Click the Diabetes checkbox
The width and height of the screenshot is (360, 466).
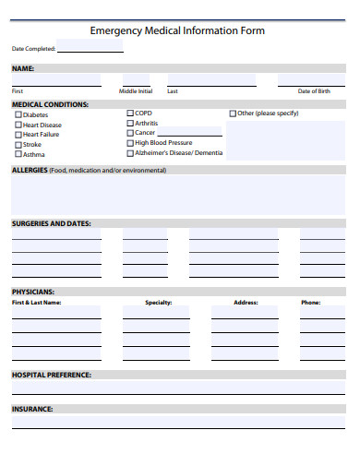pyautogui.click(x=18, y=114)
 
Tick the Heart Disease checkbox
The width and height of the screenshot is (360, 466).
pyautogui.click(x=18, y=125)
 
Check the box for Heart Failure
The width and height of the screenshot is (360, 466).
pyautogui.click(x=18, y=135)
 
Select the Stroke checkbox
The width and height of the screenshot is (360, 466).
pyautogui.click(x=18, y=145)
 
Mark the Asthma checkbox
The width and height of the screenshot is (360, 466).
pyautogui.click(x=18, y=155)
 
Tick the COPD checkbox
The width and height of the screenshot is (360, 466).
pyautogui.click(x=130, y=113)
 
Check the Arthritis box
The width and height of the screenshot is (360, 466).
pyautogui.click(x=130, y=123)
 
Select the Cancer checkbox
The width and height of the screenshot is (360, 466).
pyautogui.click(x=130, y=133)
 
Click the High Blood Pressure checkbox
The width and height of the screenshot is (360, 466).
pyautogui.click(x=130, y=143)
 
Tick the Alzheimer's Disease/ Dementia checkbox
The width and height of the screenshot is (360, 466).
pyautogui.click(x=130, y=153)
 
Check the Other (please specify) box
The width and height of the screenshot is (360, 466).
pyautogui.click(x=233, y=113)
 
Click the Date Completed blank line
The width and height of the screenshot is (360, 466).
pyautogui.click(x=90, y=50)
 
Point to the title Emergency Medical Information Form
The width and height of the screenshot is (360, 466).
pyautogui.click(x=177, y=30)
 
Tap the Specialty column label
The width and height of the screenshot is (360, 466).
pyautogui.click(x=159, y=303)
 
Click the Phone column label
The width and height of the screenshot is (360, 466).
pyautogui.click(x=310, y=303)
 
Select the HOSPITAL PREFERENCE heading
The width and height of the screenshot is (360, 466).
pyautogui.click(x=51, y=375)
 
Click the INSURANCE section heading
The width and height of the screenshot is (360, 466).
pyautogui.click(x=32, y=409)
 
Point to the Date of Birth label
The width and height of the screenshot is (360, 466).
pyautogui.click(x=314, y=91)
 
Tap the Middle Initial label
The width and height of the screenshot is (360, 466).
pyautogui.click(x=136, y=91)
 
